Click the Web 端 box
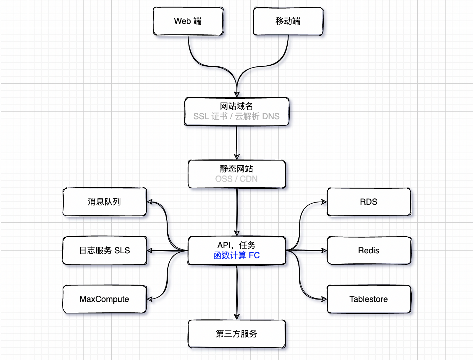click(x=188, y=21)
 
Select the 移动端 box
click(x=288, y=21)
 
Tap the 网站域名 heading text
click(x=236, y=106)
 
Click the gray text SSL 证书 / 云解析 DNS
click(x=236, y=116)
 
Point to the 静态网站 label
click(x=236, y=169)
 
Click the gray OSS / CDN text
click(x=236, y=179)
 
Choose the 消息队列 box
click(x=105, y=202)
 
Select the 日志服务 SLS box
click(x=105, y=251)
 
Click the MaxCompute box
click(x=105, y=299)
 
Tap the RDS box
click(x=369, y=202)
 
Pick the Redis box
click(x=369, y=251)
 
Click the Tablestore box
click(x=369, y=299)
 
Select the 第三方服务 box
click(x=237, y=334)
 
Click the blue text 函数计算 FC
click(x=236, y=255)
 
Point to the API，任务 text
click(x=236, y=245)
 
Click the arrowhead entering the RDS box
click(x=324, y=202)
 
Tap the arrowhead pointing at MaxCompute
click(x=150, y=299)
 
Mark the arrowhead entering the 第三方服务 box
click(x=237, y=317)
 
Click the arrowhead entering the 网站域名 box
click(x=237, y=95)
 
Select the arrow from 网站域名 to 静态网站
click(x=236, y=142)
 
